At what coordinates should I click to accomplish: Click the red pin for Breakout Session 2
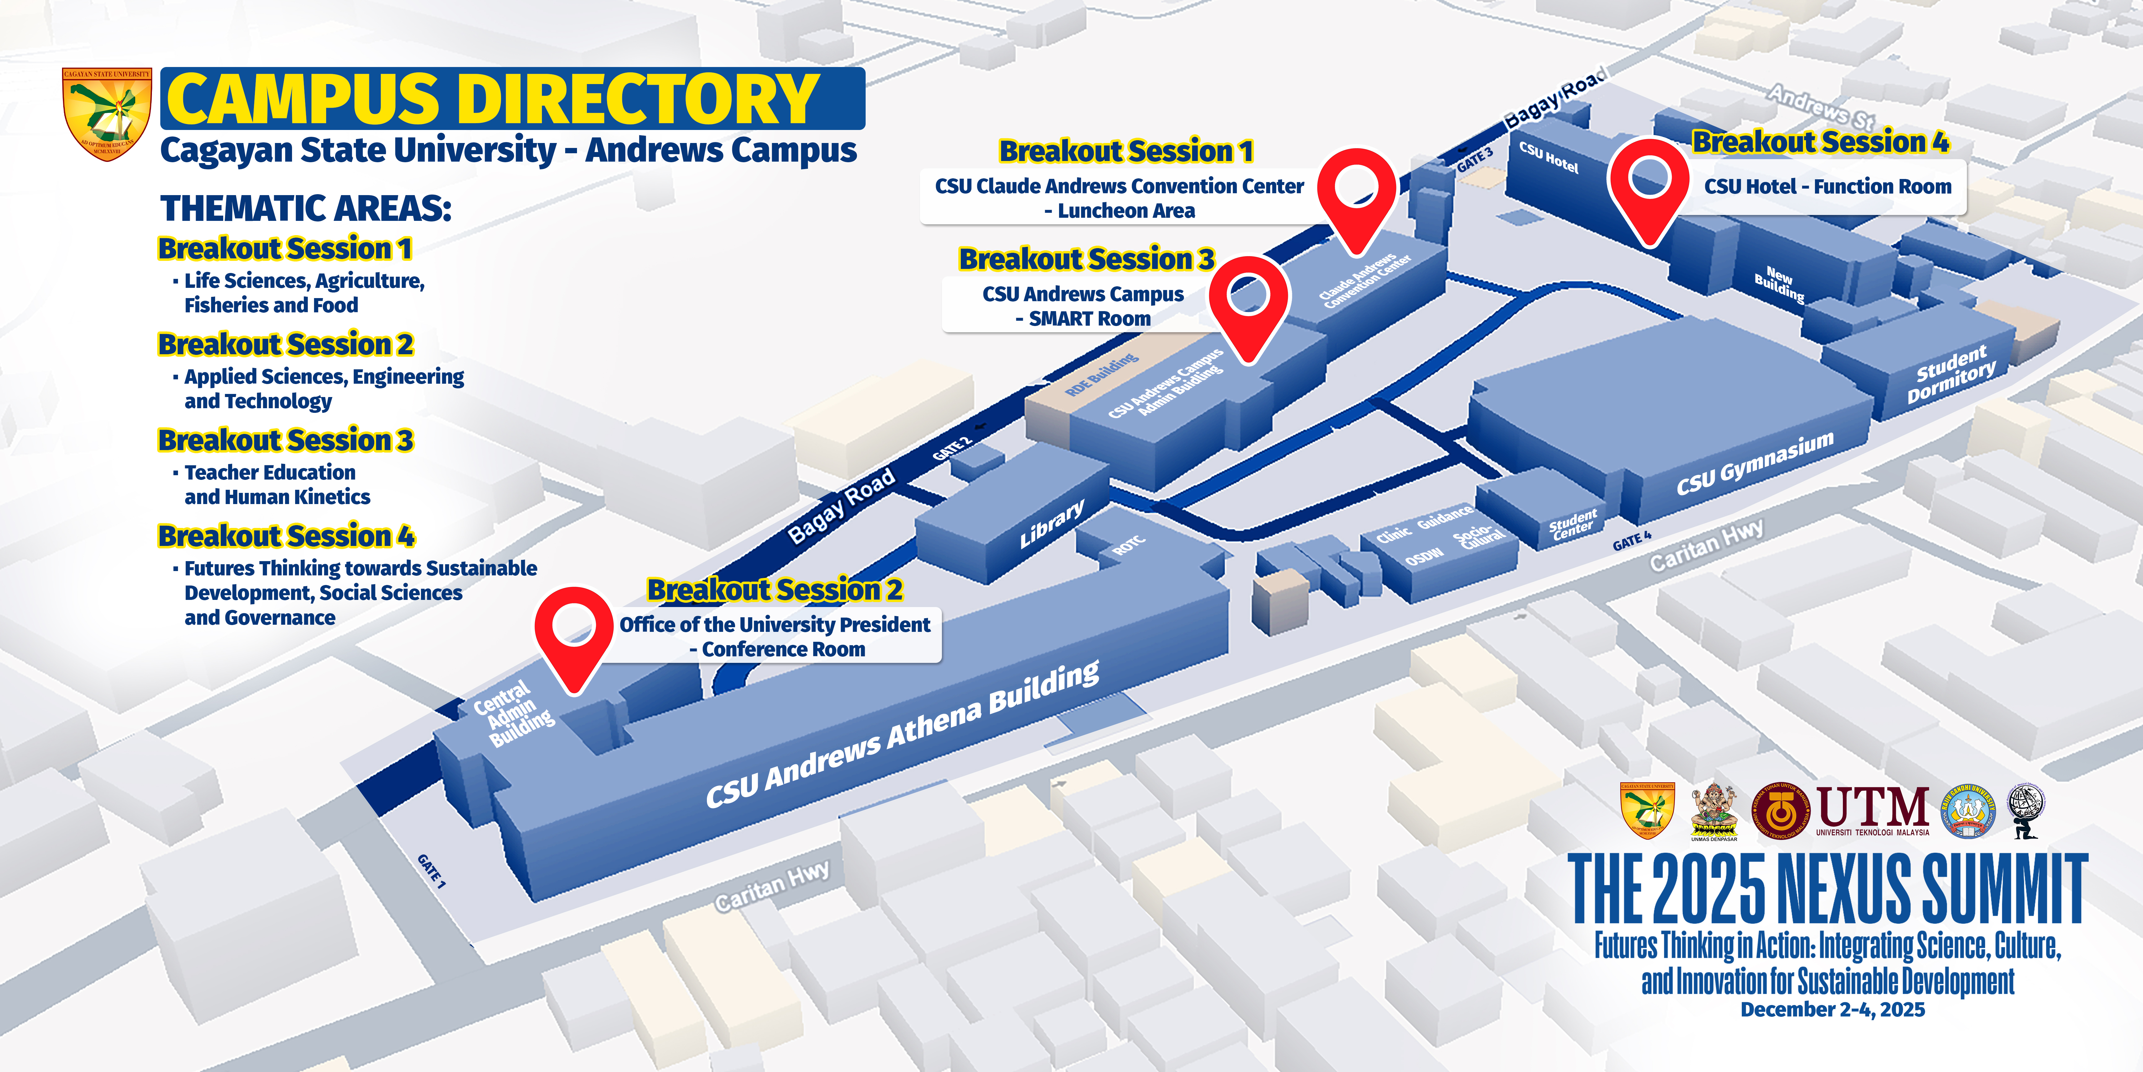(574, 632)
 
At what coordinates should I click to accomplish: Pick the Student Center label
(1572, 524)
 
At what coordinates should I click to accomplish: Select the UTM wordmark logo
(1872, 810)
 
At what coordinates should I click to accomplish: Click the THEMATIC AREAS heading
(305, 208)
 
